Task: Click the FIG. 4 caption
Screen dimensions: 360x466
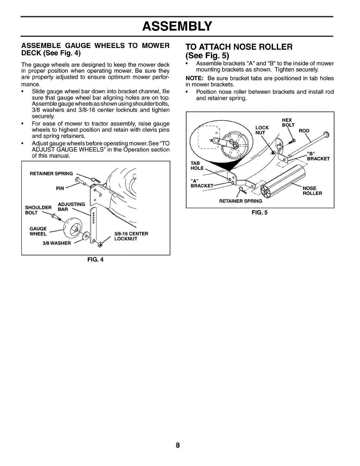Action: click(x=96, y=260)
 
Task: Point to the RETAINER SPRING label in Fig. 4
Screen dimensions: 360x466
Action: click(x=51, y=174)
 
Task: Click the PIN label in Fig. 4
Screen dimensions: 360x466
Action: click(x=60, y=189)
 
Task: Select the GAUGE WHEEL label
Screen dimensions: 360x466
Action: click(x=38, y=231)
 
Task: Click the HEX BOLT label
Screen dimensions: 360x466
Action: click(x=287, y=122)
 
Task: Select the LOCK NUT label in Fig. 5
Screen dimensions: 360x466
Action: click(x=262, y=130)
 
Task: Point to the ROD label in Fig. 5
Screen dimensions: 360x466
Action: click(x=304, y=131)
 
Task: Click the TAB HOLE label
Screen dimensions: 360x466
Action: click(x=197, y=166)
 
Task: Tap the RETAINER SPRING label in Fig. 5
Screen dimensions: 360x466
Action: click(x=241, y=201)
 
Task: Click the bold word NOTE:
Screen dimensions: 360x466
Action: click(x=192, y=78)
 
